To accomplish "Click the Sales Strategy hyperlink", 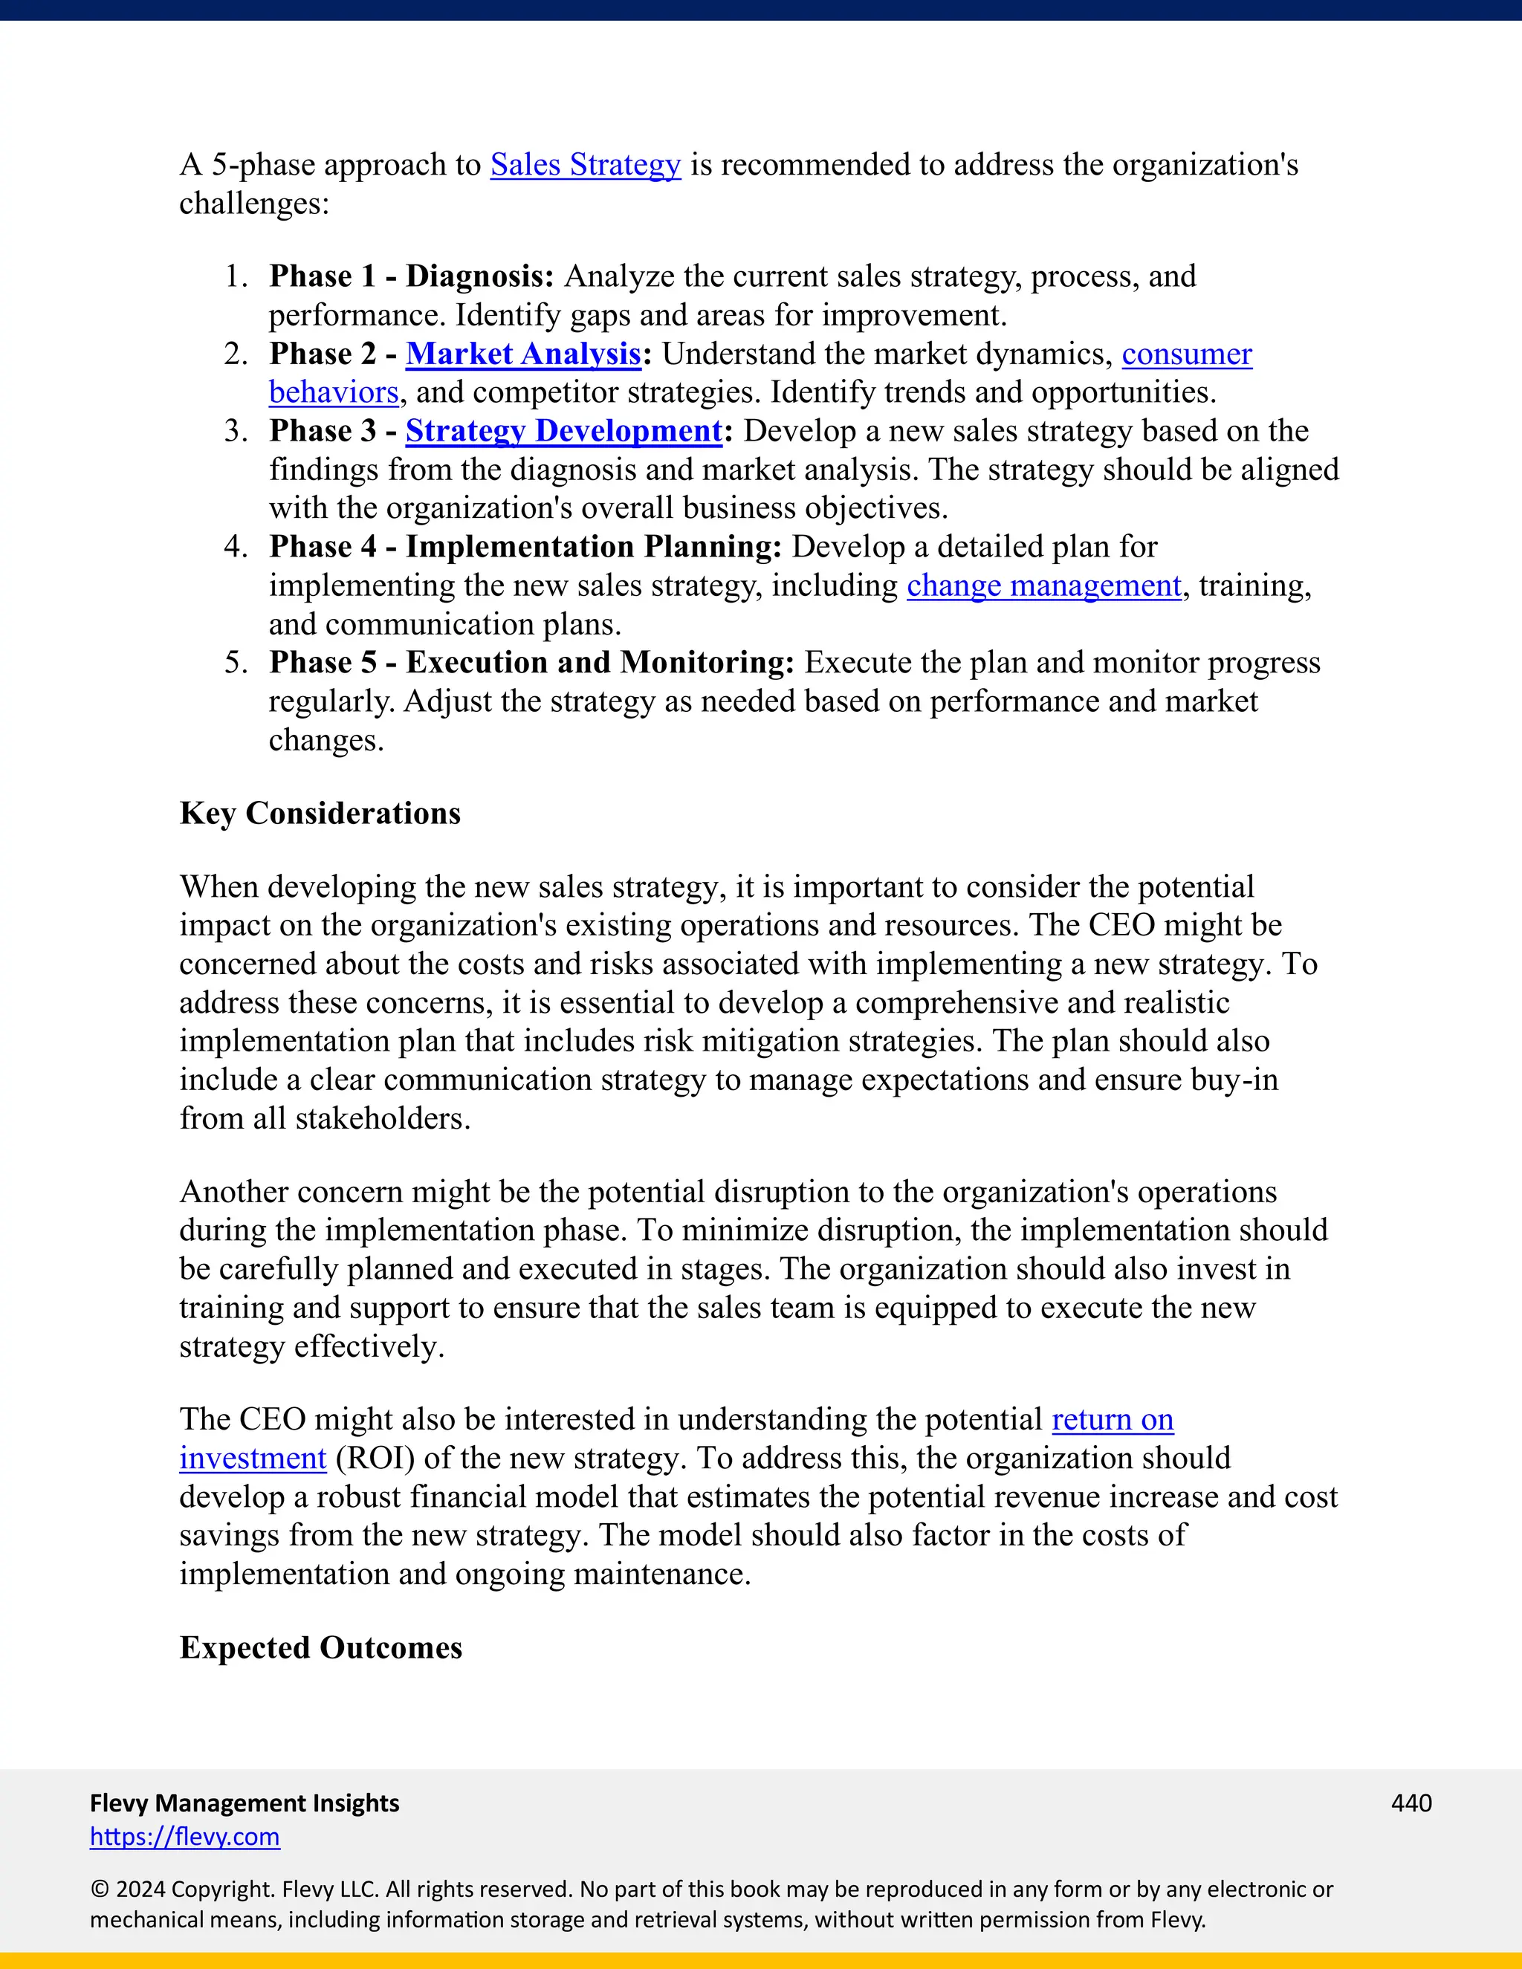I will (585, 165).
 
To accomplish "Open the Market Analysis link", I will (523, 354).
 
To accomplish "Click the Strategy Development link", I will (563, 431).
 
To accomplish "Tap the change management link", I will (1043, 586).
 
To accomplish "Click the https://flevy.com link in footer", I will (185, 1837).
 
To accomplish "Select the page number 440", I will (1411, 1803).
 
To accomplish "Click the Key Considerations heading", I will (320, 813).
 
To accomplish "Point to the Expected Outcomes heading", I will (321, 1647).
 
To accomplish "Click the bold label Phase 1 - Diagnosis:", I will (411, 276).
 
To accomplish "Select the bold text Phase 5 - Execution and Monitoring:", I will (531, 663).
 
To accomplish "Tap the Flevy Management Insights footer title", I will (245, 1803).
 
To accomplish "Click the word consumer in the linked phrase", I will (1187, 354).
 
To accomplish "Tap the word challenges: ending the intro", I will (254, 204).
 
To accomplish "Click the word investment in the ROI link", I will (253, 1458).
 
